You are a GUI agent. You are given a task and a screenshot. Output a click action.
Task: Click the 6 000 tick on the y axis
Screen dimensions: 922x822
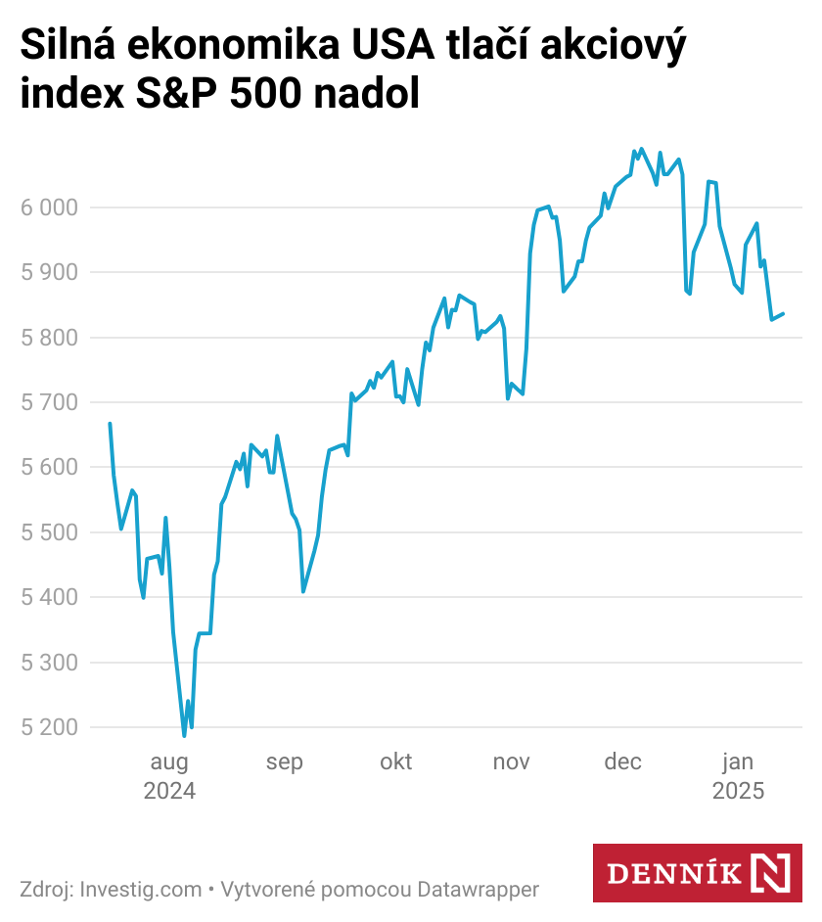pos(48,207)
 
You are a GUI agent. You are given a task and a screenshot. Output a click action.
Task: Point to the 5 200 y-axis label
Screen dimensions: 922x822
pos(48,727)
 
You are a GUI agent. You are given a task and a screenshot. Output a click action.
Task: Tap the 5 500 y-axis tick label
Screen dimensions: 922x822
pos(48,532)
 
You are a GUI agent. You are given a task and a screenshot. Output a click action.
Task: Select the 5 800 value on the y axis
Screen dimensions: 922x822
pos(48,338)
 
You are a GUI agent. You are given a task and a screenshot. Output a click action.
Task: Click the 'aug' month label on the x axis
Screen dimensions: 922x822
pos(169,762)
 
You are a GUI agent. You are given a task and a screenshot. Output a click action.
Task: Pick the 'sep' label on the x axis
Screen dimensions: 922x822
pos(284,762)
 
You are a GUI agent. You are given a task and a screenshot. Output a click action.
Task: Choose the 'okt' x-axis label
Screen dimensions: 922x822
pos(396,762)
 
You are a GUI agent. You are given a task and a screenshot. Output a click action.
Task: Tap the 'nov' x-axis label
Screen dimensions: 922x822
pos(511,762)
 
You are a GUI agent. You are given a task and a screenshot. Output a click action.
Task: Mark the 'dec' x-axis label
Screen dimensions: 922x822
pos(623,762)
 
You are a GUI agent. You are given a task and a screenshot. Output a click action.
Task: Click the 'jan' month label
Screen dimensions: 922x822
pos(738,762)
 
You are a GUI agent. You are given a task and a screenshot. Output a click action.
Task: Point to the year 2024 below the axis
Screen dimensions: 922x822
pos(169,791)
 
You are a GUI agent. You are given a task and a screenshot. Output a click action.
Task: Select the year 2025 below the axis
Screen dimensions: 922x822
pos(738,791)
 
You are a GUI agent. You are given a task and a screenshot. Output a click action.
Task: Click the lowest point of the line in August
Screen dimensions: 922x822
pos(184,735)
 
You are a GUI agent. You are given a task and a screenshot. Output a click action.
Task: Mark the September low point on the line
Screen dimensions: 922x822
pos(303,591)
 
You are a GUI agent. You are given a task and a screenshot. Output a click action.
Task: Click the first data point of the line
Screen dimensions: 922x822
pos(110,424)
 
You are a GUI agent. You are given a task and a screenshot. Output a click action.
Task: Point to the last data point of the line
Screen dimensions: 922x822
pos(783,314)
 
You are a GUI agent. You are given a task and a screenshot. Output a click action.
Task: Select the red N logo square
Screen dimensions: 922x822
pos(770,873)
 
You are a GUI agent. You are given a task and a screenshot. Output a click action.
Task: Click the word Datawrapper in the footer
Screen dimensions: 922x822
pos(479,890)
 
